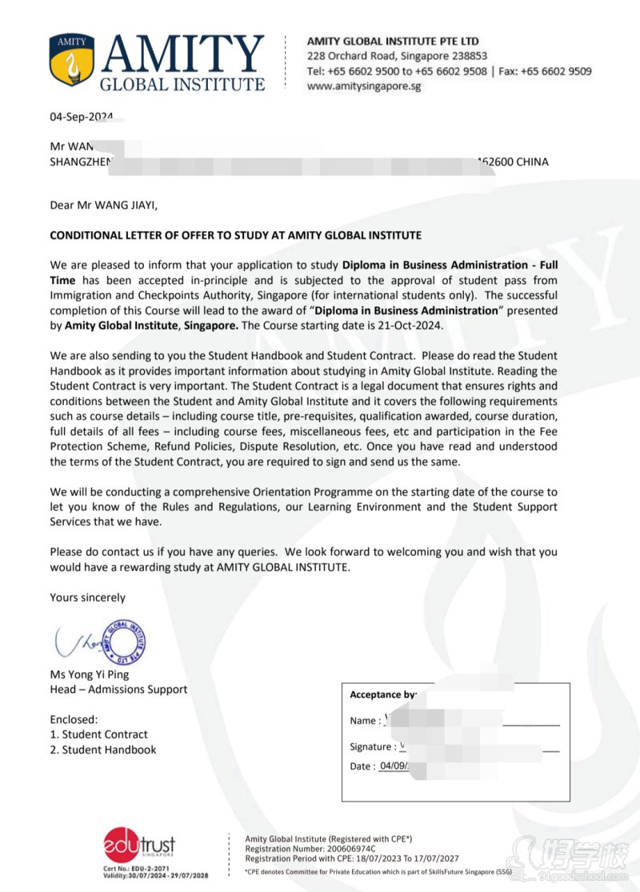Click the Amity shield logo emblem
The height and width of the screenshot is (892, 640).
pyautogui.click(x=72, y=61)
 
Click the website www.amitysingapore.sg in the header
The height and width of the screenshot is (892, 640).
pyautogui.click(x=364, y=86)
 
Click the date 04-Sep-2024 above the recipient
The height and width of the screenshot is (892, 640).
pyautogui.click(x=81, y=117)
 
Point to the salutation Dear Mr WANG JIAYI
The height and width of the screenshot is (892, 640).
pyautogui.click(x=104, y=205)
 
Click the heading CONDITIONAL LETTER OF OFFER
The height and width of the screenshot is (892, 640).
pyautogui.click(x=235, y=235)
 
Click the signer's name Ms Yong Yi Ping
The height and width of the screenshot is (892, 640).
pyautogui.click(x=89, y=674)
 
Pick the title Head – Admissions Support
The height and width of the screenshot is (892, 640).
pyautogui.click(x=118, y=690)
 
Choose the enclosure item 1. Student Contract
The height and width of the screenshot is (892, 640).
pyautogui.click(x=98, y=734)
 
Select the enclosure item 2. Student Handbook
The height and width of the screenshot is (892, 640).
pyautogui.click(x=102, y=750)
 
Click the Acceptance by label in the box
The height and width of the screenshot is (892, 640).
pyautogui.click(x=382, y=695)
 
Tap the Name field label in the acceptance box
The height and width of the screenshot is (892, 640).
pyautogui.click(x=364, y=721)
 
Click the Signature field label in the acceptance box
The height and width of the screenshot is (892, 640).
pyautogui.click(x=372, y=747)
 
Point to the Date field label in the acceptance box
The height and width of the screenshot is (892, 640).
pyautogui.click(x=362, y=766)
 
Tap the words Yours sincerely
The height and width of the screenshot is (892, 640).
pyautogui.click(x=87, y=598)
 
